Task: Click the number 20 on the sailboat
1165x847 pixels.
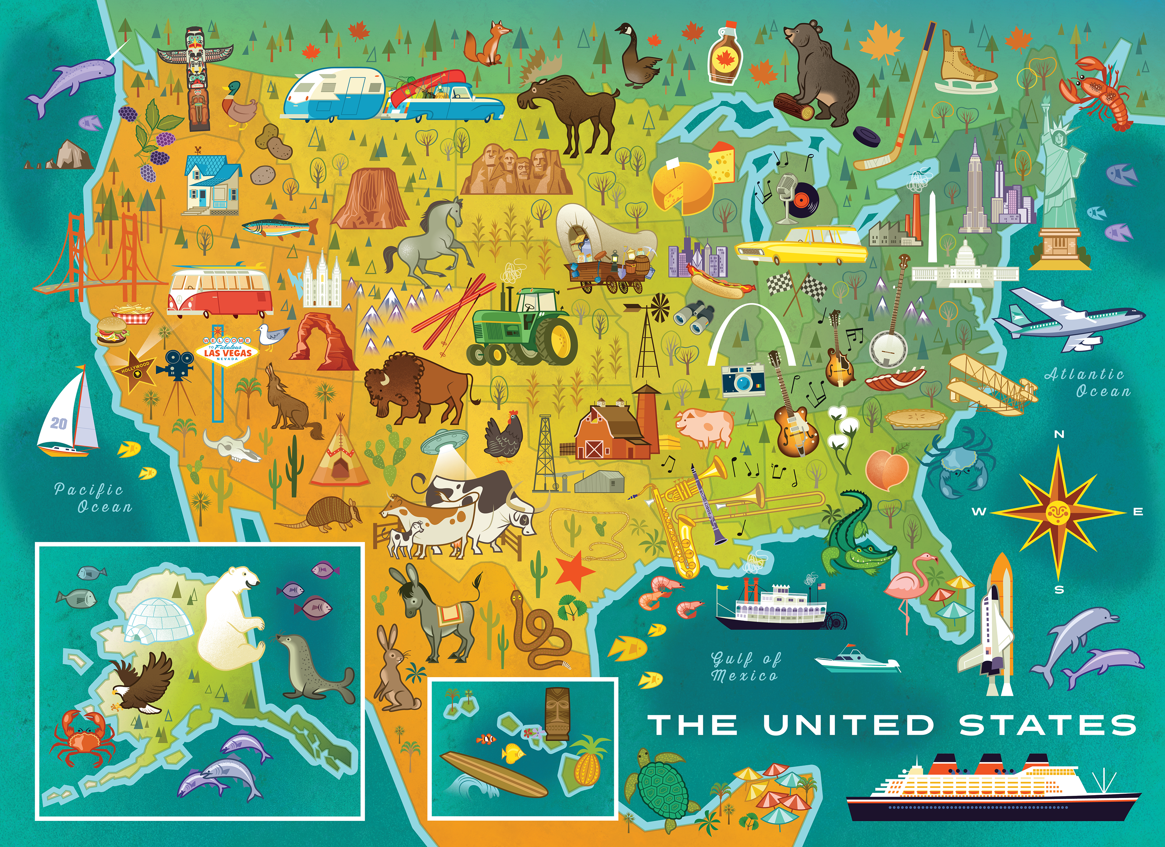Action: point(59,423)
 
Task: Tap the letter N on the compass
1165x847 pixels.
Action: point(1059,434)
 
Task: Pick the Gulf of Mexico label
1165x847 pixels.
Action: point(745,666)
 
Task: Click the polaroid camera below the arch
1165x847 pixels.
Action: point(743,380)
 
